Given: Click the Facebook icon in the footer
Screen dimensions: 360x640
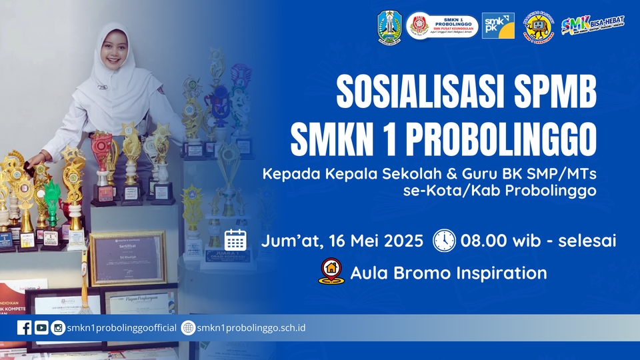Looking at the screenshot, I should tap(25, 327).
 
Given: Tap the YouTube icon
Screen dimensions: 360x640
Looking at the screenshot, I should tap(41, 327).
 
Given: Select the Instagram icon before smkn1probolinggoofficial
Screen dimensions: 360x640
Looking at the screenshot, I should tap(58, 327).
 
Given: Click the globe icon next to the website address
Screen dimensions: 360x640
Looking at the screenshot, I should tap(188, 327).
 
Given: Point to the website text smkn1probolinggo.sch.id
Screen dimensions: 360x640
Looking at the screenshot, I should tap(251, 327).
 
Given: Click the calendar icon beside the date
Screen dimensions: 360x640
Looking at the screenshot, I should tap(235, 240).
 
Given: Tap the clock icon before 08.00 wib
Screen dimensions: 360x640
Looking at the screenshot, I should tap(444, 240).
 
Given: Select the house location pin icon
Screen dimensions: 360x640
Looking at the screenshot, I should tap(331, 272).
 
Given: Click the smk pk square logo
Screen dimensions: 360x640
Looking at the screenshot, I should tap(498, 26).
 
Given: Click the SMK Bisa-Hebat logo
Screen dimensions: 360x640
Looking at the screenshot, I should tap(593, 25).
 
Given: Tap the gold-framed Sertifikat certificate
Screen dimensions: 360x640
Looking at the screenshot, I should tap(128, 258).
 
